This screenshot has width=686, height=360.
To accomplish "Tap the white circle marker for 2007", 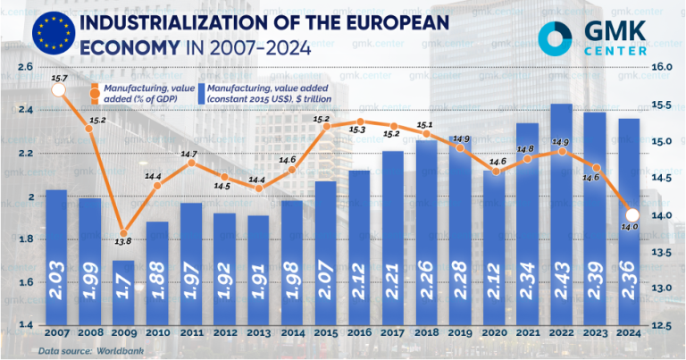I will pos(58,90).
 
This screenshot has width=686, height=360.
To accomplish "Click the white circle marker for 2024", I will pos(631,214).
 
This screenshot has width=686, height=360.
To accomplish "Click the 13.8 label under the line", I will pos(123,242).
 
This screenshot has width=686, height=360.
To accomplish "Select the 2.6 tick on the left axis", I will pos(24,67).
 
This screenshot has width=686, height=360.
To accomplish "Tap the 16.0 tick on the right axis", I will pos(661,67).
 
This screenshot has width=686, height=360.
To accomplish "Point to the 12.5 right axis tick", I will pos(661,325).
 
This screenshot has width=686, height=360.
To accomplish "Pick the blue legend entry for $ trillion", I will pos(254,94).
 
